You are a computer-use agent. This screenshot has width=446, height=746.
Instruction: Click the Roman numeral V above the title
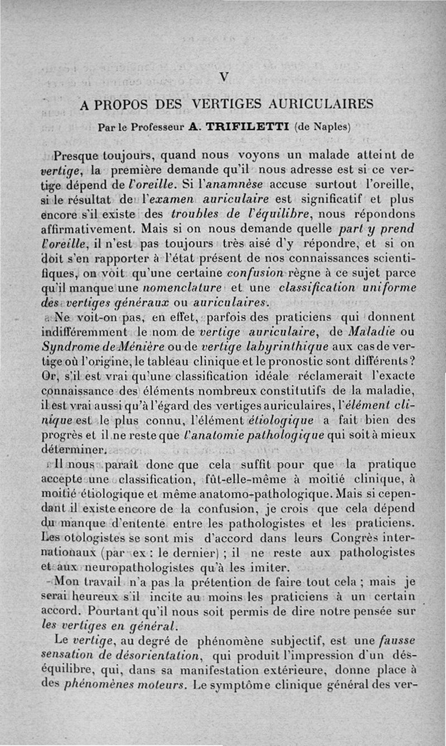[x=224, y=78]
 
